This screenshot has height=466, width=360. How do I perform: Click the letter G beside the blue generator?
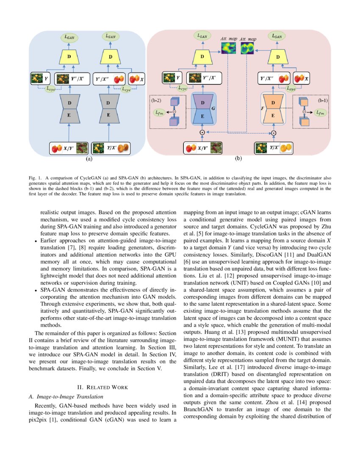(x=213, y=109)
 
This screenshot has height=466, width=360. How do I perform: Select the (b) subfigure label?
(x=238, y=159)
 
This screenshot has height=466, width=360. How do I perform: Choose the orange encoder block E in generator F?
(x=273, y=115)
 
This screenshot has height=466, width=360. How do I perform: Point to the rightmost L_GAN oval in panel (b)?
(x=277, y=36)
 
